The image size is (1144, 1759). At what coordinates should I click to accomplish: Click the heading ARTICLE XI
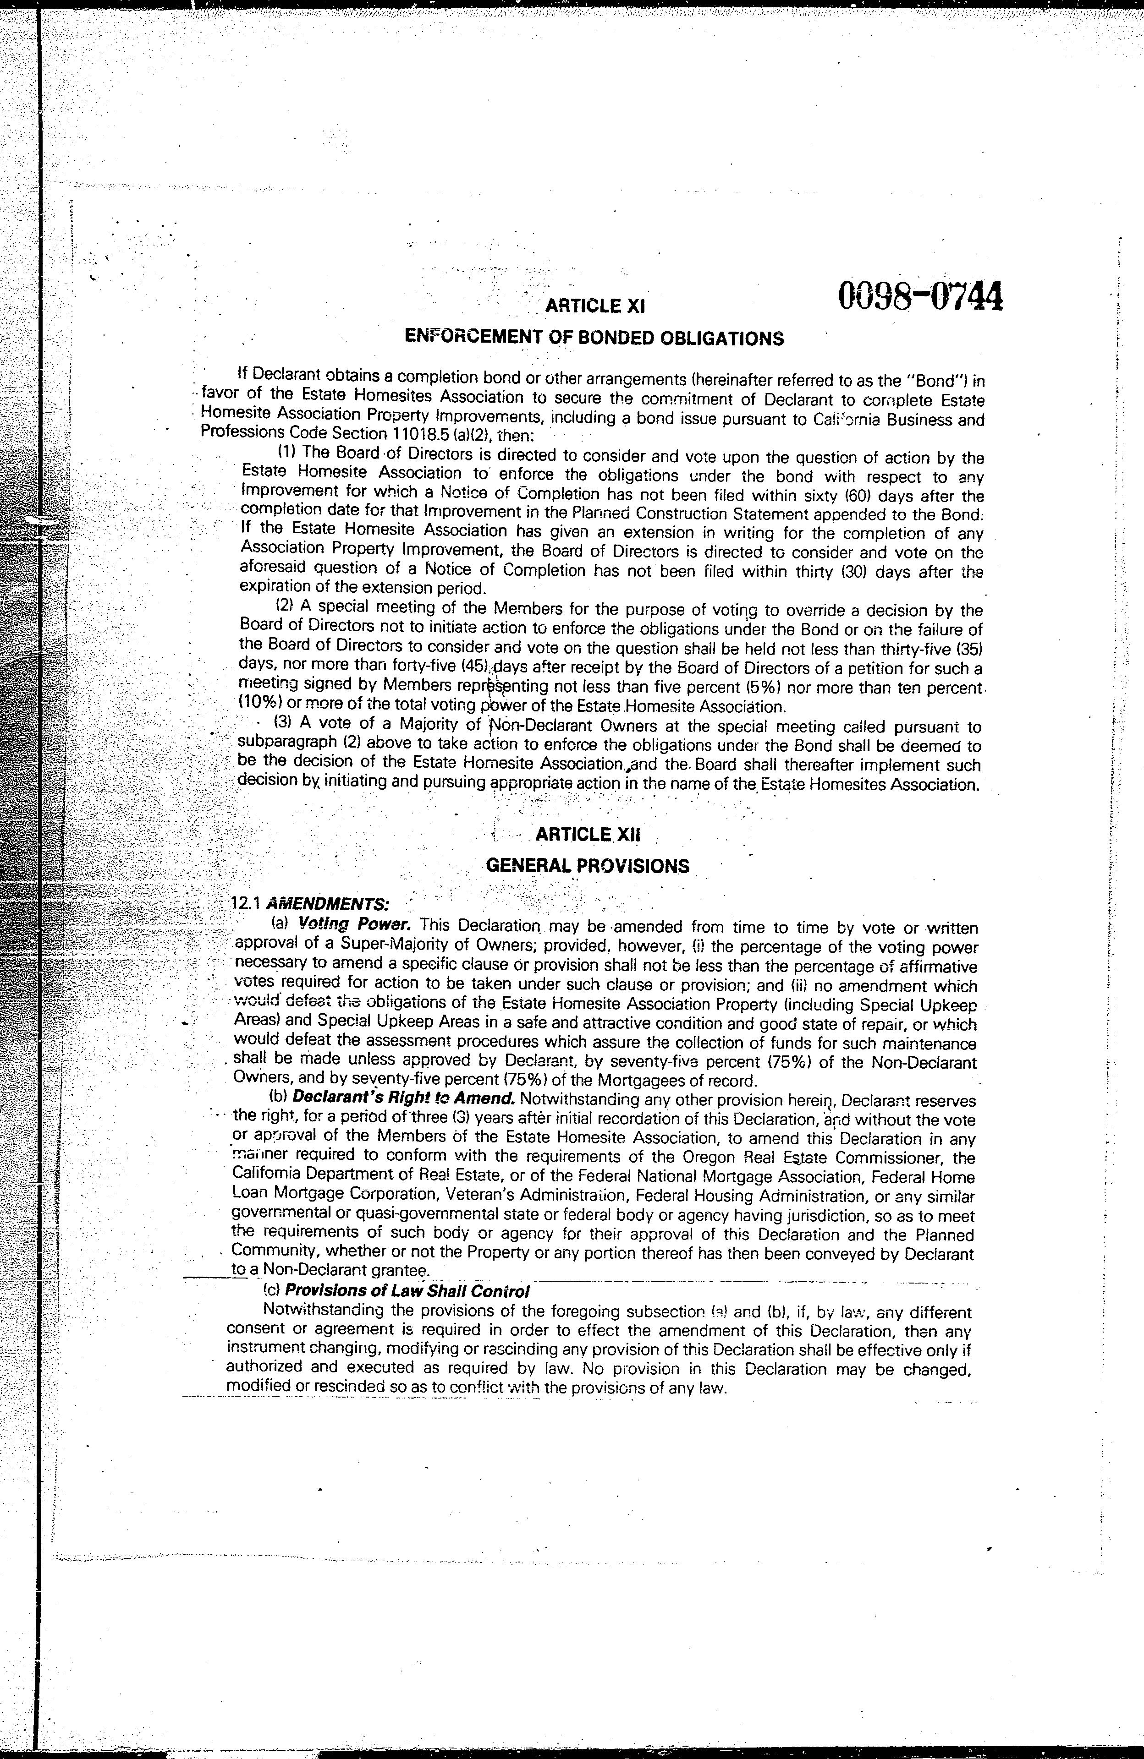click(596, 305)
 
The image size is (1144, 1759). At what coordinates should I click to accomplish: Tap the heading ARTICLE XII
click(587, 835)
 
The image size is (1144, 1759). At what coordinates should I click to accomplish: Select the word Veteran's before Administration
click(481, 1195)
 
